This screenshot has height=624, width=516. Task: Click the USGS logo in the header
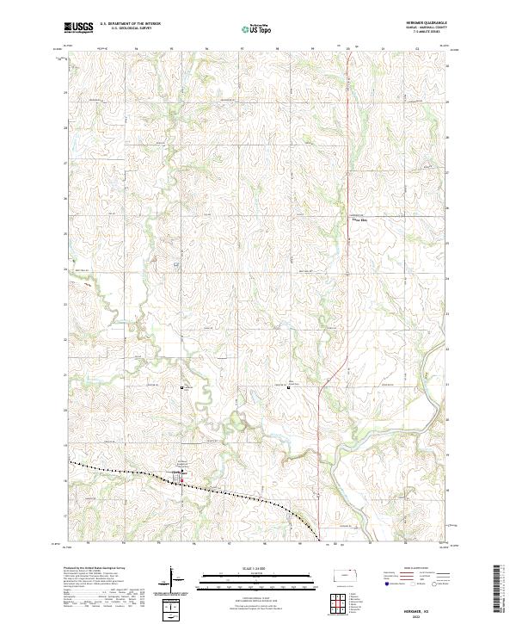pos(78,28)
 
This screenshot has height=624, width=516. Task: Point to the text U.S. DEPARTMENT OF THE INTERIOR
pos(130,24)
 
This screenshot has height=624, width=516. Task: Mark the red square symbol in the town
pos(181,480)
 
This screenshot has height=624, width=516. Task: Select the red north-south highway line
pos(320,430)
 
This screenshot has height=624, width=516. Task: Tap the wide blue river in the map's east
pos(430,344)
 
